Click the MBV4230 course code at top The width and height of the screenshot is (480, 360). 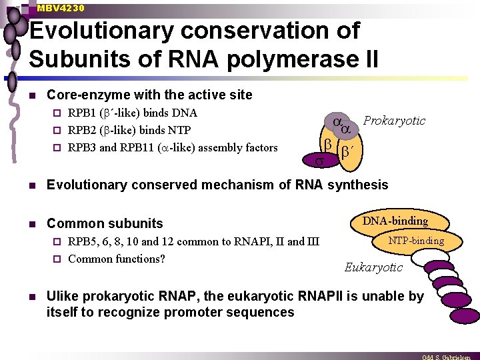(x=61, y=8)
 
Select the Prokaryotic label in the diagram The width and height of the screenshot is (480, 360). (x=394, y=121)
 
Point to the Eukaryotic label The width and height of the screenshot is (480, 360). (x=373, y=267)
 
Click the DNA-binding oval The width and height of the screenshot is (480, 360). (x=395, y=221)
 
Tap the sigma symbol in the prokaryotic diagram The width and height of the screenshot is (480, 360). (x=319, y=161)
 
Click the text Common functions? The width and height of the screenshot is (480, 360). (x=117, y=258)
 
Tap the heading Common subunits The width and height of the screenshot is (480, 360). (x=105, y=223)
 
